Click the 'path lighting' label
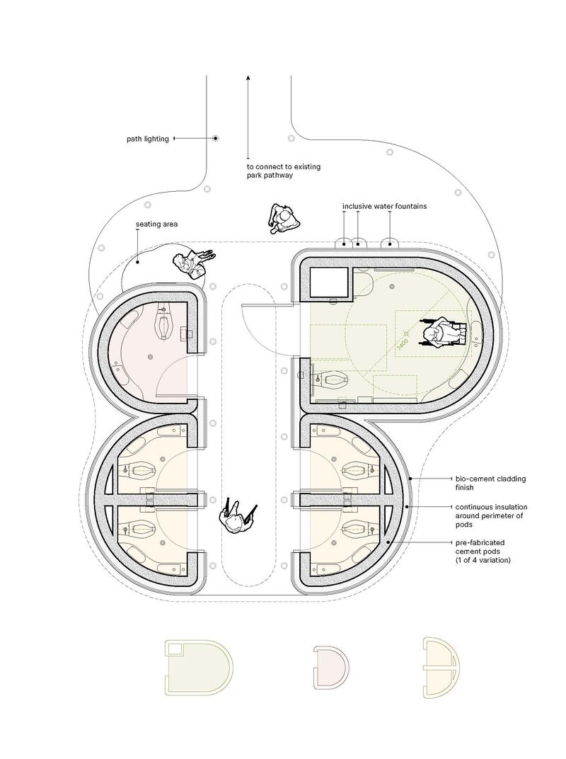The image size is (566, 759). pos(148,139)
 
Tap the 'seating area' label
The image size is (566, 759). pos(156,224)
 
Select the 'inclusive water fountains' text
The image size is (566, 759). pos(385,206)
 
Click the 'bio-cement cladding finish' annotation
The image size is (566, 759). pos(490,483)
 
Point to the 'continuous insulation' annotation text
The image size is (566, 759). pos(491,507)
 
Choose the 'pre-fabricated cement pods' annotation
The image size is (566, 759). pos(483,552)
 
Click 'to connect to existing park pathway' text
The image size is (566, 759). pos(284,171)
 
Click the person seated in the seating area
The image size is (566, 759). pos(192,263)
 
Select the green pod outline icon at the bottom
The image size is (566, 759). pos(198,668)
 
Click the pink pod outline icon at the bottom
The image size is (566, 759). pos(330,666)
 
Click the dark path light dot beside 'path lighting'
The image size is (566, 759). pos(216,139)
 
